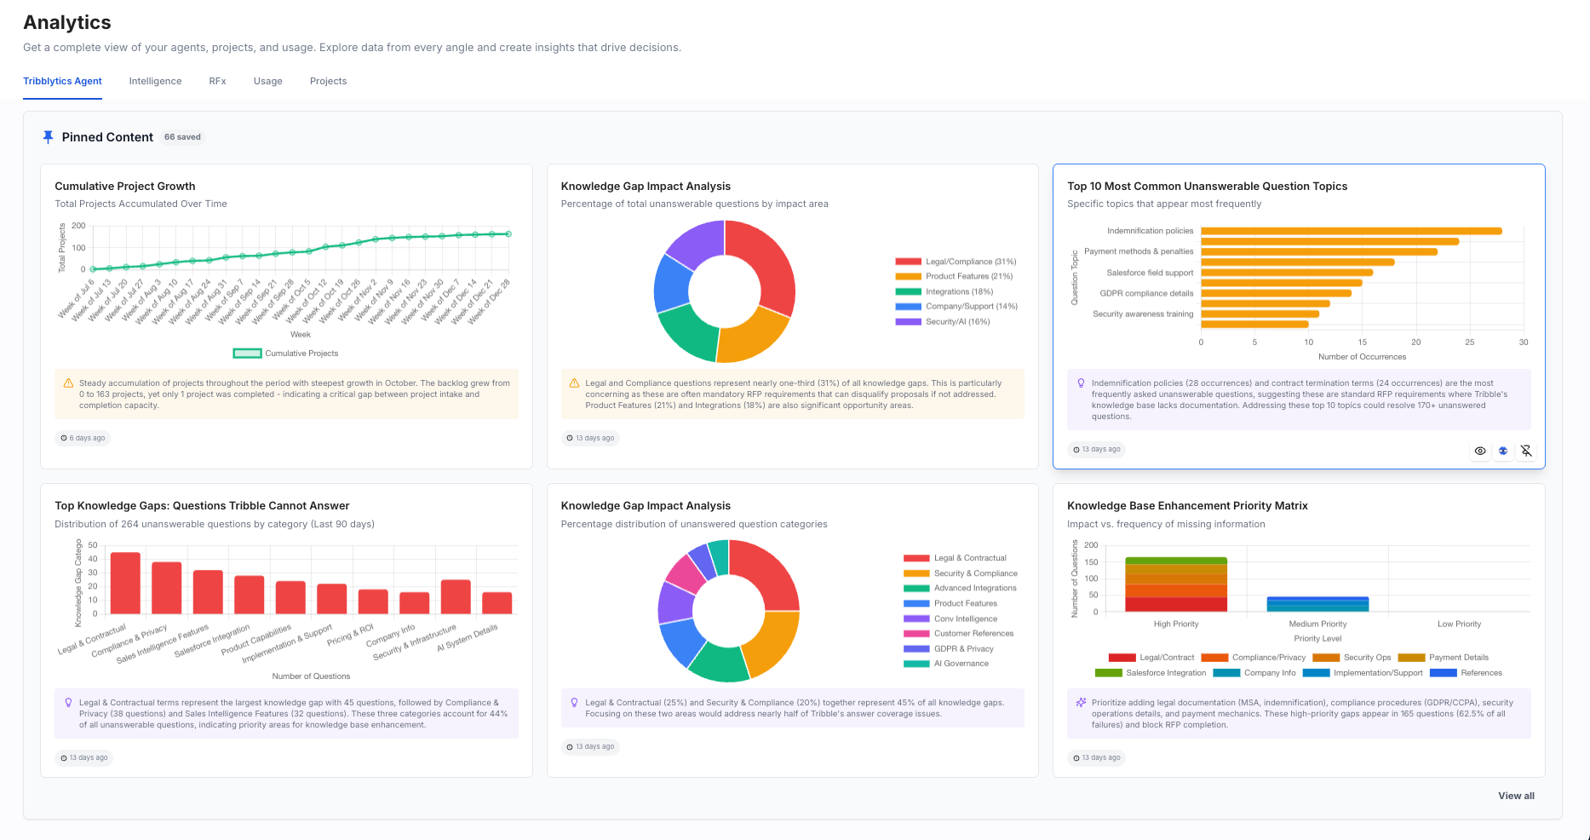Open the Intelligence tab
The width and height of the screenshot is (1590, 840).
155,81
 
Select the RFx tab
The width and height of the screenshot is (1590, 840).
217,81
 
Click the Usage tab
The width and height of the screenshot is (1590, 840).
267,81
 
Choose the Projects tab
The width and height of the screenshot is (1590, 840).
328,81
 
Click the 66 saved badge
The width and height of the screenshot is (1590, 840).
182,137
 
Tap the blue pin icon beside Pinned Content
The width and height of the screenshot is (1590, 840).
48,137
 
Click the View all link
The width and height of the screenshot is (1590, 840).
1516,796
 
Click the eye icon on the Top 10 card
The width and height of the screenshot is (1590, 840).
1480,451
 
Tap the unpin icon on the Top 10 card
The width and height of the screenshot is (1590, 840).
1526,451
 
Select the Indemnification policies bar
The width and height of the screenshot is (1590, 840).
1351,231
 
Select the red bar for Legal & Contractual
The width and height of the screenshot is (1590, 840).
125,583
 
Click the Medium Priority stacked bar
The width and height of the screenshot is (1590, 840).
1317,604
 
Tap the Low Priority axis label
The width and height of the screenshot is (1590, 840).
1459,624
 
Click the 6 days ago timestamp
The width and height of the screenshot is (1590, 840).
83,438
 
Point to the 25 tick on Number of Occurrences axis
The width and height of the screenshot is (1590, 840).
1469,342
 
